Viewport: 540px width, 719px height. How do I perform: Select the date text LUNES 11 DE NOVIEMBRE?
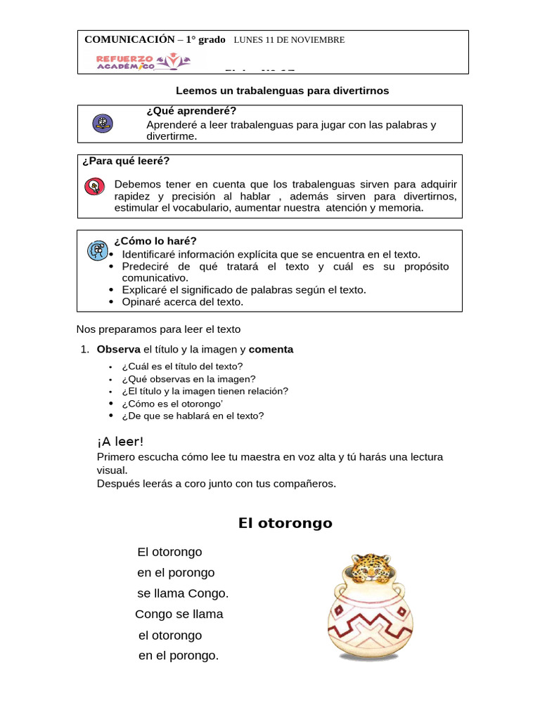(x=289, y=40)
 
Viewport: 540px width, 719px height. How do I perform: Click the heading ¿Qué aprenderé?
(x=191, y=112)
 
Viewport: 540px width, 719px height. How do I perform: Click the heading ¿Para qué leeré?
(x=126, y=161)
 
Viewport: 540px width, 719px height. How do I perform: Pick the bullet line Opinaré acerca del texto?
(x=182, y=302)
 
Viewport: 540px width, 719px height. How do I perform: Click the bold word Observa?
(x=119, y=349)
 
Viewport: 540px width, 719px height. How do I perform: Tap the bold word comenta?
(x=271, y=349)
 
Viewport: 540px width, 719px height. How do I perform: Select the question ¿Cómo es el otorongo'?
(x=172, y=404)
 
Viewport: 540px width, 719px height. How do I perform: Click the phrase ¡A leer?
(x=120, y=442)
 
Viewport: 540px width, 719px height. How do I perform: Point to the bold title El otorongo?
(x=285, y=523)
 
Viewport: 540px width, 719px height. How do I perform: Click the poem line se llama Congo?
(x=183, y=593)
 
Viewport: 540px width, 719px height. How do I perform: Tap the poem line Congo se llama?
(x=179, y=614)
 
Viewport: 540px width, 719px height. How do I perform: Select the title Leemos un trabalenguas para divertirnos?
(x=281, y=91)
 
